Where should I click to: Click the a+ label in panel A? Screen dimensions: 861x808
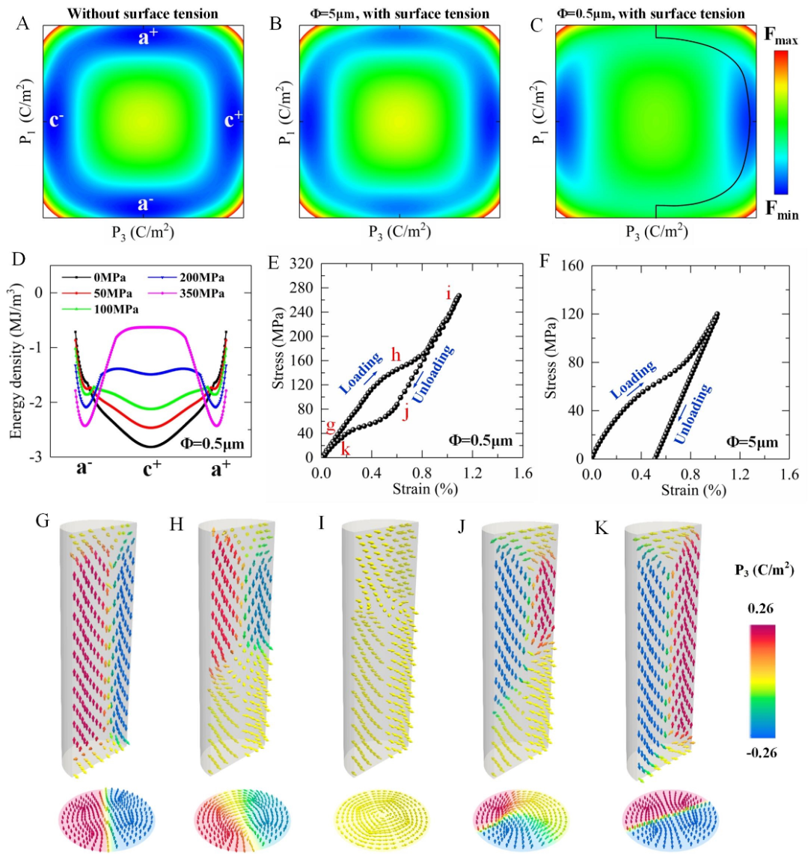147,37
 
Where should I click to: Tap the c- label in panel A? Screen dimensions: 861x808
57,120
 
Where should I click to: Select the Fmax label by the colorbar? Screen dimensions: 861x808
781,37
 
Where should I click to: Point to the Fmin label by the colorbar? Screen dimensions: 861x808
781,210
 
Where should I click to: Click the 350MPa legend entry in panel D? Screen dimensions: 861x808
201,293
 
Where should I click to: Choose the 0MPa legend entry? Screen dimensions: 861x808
110,278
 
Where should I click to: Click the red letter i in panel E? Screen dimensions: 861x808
449,294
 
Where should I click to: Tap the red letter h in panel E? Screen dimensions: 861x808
396,355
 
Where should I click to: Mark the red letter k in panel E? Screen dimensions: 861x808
346,449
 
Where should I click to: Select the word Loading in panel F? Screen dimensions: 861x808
634,379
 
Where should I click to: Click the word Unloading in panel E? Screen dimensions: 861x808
434,373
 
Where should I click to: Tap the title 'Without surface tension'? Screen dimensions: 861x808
143,13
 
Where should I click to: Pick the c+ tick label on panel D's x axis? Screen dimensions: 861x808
152,470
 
